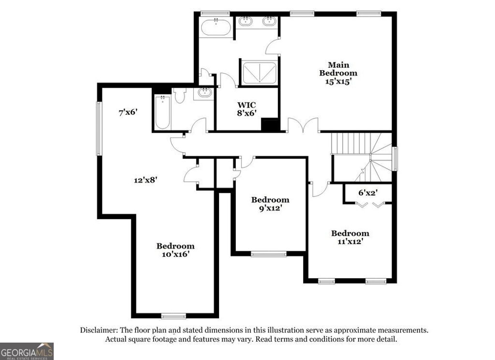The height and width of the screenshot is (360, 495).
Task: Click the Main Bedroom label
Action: (338, 69)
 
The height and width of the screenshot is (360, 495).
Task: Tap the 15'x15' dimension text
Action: (338, 82)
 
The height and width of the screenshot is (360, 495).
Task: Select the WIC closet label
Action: (247, 105)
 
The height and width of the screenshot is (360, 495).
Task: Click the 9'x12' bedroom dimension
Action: (270, 209)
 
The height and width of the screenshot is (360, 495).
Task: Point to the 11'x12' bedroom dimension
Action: (350, 242)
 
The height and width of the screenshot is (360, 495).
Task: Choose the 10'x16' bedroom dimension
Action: (175, 255)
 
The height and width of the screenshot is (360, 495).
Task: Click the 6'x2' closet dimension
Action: (367, 193)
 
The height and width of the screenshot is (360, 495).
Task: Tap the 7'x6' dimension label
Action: (129, 112)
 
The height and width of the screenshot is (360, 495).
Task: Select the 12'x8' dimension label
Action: (146, 180)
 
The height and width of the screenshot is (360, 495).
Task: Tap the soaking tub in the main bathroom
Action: (216, 27)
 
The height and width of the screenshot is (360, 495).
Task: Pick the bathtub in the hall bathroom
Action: (162, 112)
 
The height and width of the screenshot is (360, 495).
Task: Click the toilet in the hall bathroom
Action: (179, 96)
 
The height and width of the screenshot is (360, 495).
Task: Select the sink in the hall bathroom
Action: (204, 93)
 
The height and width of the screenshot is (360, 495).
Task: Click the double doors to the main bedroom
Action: (303, 127)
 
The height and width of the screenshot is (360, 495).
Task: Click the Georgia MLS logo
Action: (27, 351)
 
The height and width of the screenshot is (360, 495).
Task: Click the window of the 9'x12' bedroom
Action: (269, 254)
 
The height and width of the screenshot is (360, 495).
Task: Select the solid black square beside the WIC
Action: (270, 124)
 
